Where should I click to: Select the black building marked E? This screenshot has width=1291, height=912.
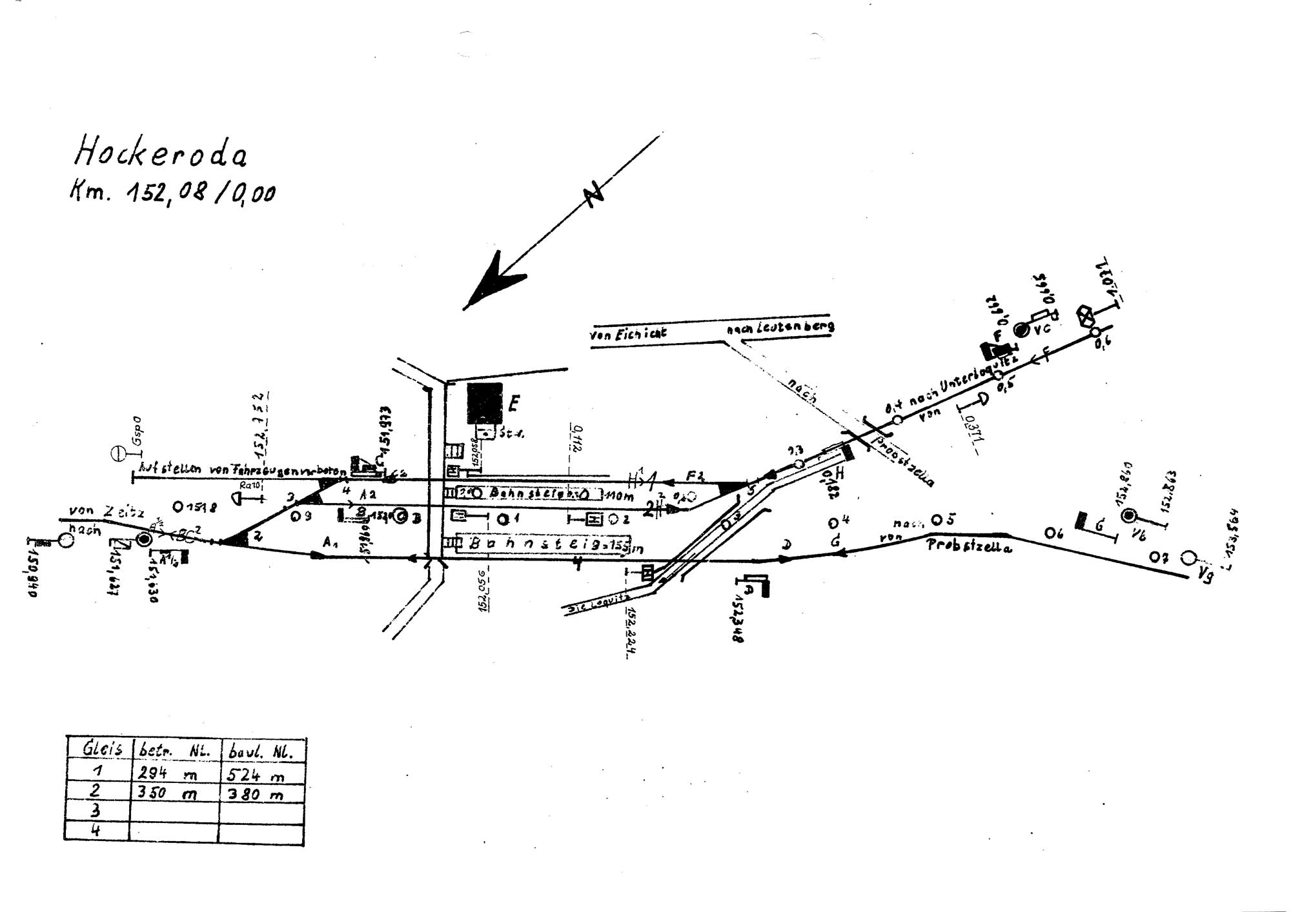(484, 403)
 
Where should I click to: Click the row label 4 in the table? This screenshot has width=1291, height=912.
(96, 830)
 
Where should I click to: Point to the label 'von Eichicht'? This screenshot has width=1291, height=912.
(627, 334)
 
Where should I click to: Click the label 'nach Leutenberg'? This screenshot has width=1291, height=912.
(780, 327)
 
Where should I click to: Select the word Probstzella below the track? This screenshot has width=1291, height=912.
(969, 546)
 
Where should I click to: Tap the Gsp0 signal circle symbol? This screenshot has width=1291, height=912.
(119, 453)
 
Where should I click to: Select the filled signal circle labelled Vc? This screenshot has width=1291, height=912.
(1021, 330)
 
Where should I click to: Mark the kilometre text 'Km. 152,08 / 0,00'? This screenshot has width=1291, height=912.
(172, 192)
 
